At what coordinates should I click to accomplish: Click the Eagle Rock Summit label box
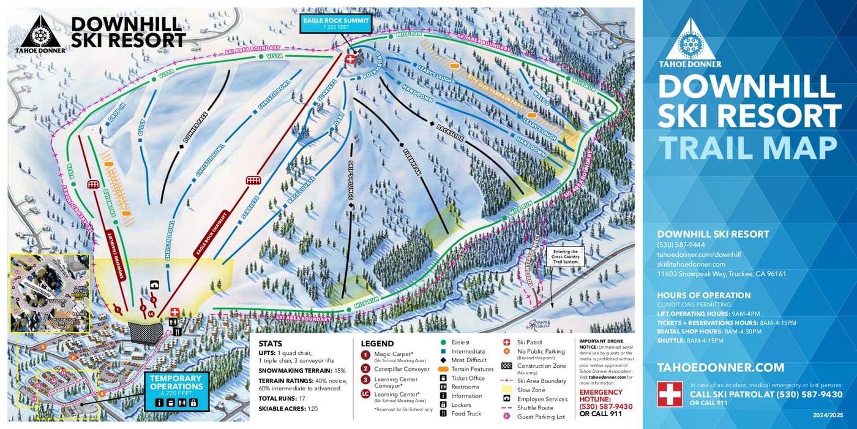click(x=336, y=24)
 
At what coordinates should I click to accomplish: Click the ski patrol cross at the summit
click(x=350, y=59)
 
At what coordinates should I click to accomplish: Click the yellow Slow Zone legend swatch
click(x=506, y=390)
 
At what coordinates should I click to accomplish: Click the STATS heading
click(x=271, y=344)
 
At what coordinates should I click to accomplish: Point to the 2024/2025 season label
click(x=831, y=416)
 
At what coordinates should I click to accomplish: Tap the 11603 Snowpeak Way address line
click(x=721, y=274)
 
